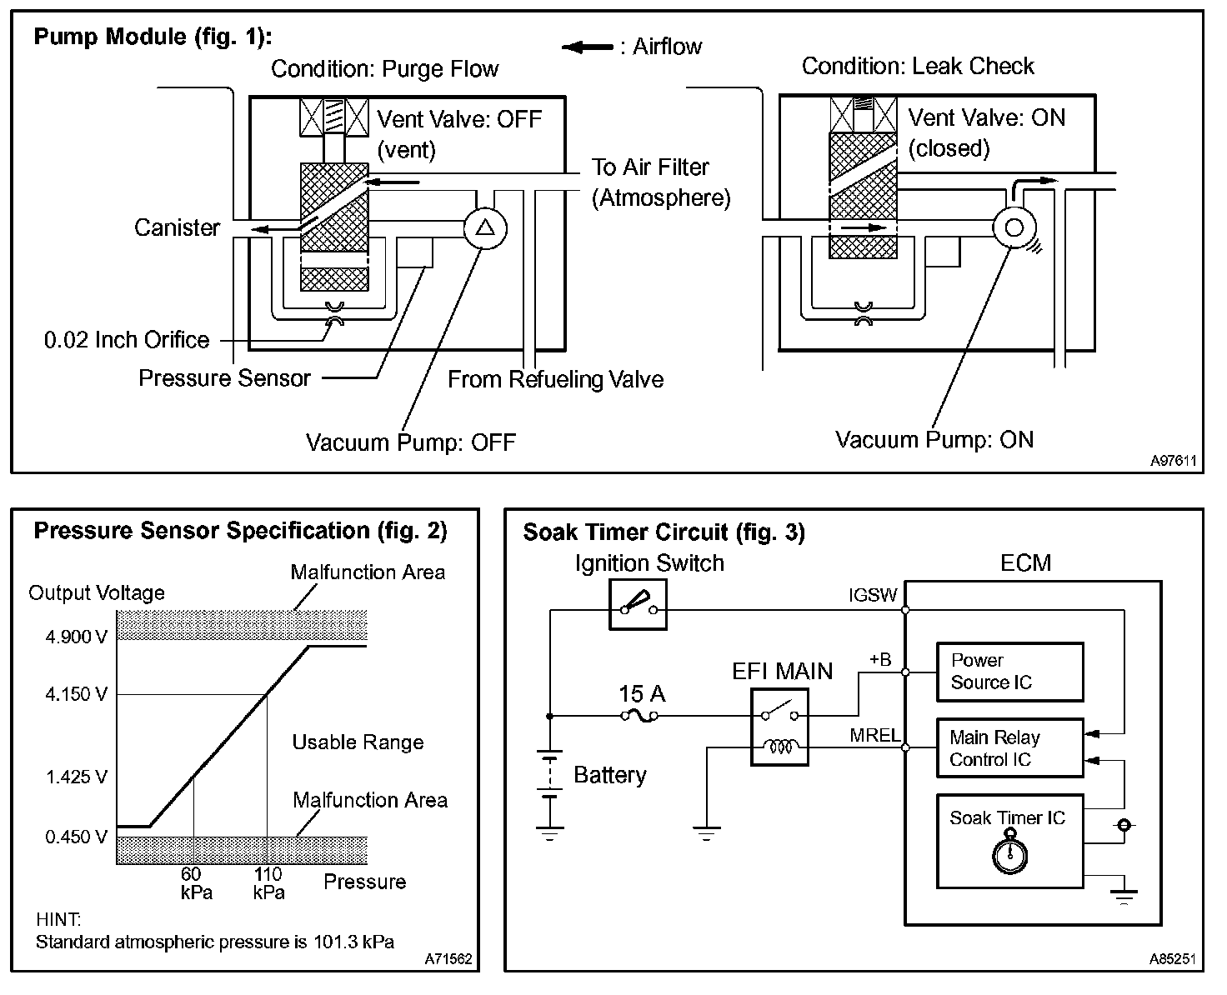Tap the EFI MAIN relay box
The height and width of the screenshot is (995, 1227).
point(779,727)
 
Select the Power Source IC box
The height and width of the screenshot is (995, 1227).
point(1009,672)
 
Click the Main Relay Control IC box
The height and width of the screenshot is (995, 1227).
point(1009,748)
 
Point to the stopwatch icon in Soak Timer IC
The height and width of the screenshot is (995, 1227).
point(1009,855)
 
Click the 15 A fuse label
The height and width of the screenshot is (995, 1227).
point(642,694)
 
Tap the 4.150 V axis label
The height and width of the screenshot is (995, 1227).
point(76,694)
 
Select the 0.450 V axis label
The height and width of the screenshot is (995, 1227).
point(76,837)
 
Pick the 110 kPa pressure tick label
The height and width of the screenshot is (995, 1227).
point(268,883)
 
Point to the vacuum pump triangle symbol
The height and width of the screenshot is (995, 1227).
point(485,227)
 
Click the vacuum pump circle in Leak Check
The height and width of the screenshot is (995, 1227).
point(1014,227)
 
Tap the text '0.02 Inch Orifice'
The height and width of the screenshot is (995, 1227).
point(127,340)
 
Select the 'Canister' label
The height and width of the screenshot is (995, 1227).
point(177,227)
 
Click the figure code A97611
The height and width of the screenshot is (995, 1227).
point(1174,460)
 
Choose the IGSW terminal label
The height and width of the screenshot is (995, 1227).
point(872,595)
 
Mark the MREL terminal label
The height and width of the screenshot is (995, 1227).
point(874,735)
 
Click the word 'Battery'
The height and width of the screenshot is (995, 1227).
point(610,775)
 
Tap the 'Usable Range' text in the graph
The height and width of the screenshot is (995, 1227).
point(358,742)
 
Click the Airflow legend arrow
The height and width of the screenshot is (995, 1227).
point(588,47)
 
